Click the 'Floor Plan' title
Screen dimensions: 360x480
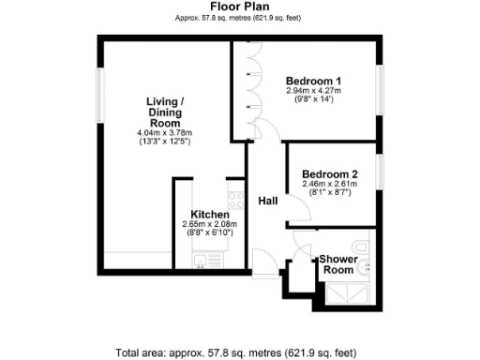pyautogui.click(x=241, y=7)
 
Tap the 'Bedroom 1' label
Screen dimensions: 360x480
pyautogui.click(x=313, y=82)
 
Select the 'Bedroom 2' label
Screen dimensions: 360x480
pyautogui.click(x=329, y=174)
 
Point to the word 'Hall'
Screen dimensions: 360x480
pyautogui.click(x=268, y=200)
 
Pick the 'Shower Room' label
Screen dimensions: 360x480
pyautogui.click(x=337, y=263)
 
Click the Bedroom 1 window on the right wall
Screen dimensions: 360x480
pyautogui.click(x=380, y=90)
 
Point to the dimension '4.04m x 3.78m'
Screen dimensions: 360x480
pyautogui.click(x=163, y=132)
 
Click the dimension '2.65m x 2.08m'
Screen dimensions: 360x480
pyautogui.click(x=210, y=224)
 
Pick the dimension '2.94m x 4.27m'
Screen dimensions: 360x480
pyautogui.click(x=313, y=91)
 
